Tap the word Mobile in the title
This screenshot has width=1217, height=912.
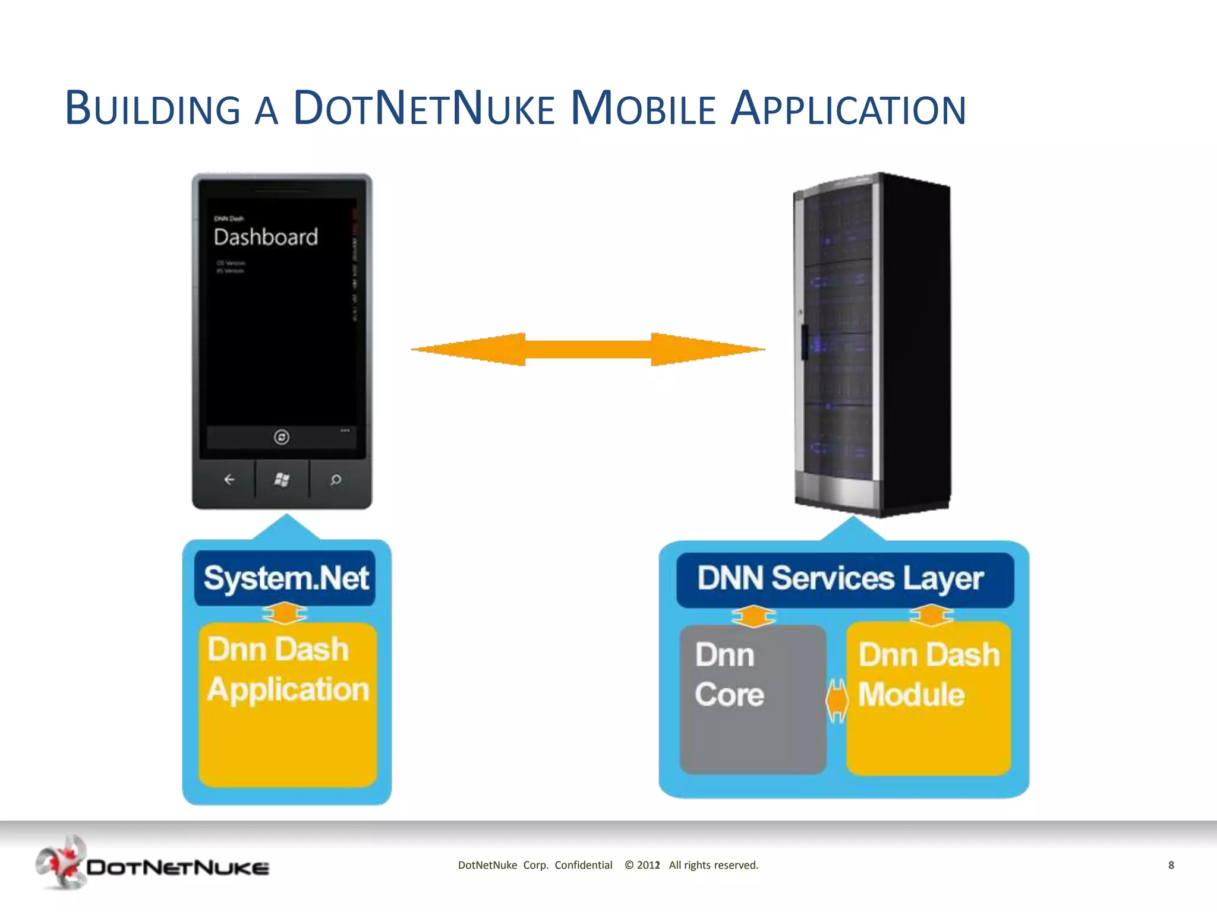point(643,108)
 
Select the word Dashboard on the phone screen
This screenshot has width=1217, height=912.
point(266,237)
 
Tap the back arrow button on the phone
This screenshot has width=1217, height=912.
point(229,479)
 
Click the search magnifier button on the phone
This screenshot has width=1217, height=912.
point(336,479)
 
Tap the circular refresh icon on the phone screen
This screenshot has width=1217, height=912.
point(282,437)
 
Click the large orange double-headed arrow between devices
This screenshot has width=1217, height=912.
point(588,349)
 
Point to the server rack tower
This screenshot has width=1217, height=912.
point(872,344)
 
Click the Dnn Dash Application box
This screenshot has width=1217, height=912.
point(288,704)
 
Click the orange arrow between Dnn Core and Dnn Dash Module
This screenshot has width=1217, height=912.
point(837,701)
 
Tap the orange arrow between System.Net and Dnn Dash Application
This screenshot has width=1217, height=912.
point(285,613)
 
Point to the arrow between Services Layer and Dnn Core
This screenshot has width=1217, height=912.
point(753,616)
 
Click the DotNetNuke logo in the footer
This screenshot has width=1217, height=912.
point(152,864)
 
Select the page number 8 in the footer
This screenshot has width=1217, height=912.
point(1171,865)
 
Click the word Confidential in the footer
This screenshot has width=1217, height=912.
point(583,865)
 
